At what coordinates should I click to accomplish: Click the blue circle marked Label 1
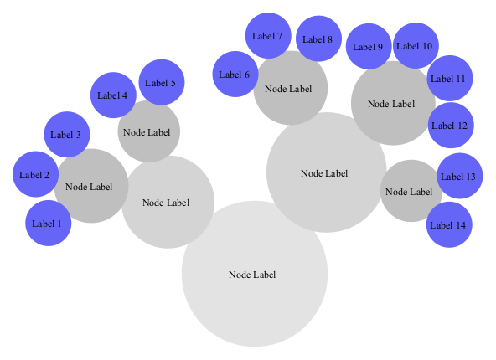coord(48,224)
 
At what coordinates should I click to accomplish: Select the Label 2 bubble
coord(35,175)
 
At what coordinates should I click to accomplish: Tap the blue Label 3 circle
coord(66,135)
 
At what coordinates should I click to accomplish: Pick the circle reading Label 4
coord(112,95)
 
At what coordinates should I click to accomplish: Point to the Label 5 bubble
coord(161,83)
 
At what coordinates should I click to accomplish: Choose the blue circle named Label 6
coord(235,75)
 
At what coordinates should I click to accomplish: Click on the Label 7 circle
coord(267,36)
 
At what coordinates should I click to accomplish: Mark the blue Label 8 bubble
coord(318,39)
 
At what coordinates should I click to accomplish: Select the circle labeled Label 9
coord(368,47)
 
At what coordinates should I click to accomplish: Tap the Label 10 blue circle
coord(415,46)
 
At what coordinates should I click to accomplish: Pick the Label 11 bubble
coord(450,79)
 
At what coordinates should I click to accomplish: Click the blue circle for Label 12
coord(450,126)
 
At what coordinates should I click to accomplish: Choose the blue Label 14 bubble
coord(449,225)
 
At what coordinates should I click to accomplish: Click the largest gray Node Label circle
coord(253,275)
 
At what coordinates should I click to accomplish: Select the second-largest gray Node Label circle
coord(325,173)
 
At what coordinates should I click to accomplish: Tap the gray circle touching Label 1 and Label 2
coord(90,187)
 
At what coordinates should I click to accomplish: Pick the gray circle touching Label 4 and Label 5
coord(148,131)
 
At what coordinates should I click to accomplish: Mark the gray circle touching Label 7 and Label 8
coord(290,88)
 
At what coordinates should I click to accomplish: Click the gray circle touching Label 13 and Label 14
coord(411,192)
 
